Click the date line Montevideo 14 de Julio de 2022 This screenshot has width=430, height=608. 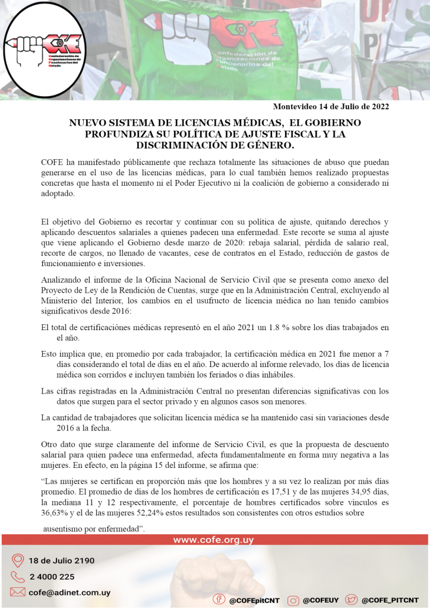pyautogui.click(x=331, y=107)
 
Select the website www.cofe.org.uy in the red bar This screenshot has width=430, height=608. pyautogui.click(x=214, y=540)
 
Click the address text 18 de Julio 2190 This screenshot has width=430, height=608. pyautogui.click(x=61, y=560)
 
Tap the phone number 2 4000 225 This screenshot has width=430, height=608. pyautogui.click(x=52, y=577)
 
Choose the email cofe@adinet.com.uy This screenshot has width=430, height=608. pyautogui.click(x=69, y=592)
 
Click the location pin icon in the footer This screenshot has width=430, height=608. pyautogui.click(x=18, y=560)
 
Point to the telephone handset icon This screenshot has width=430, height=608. pyautogui.click(x=18, y=577)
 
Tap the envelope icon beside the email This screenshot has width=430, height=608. pyautogui.click(x=18, y=592)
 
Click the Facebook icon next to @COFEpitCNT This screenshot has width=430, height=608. pyautogui.click(x=219, y=600)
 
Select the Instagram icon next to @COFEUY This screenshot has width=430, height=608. pyautogui.click(x=293, y=600)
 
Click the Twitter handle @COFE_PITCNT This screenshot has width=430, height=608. pyautogui.click(x=390, y=600)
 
